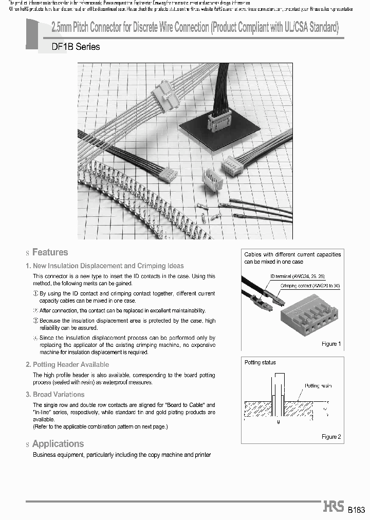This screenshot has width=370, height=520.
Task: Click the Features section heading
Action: point(50,252)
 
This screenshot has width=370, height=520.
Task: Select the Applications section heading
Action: point(58,444)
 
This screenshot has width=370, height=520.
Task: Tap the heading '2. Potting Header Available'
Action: point(67,364)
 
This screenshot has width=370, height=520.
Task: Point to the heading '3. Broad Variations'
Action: point(55,395)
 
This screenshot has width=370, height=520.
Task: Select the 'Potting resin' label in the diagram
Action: point(318,385)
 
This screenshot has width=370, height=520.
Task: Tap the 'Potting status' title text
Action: point(260,363)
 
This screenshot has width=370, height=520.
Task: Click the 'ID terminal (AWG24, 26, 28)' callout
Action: point(297,276)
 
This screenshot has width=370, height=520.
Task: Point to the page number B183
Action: point(356,510)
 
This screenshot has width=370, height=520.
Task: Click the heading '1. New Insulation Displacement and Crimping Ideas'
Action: point(104,266)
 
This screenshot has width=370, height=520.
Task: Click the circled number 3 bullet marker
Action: point(36,321)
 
